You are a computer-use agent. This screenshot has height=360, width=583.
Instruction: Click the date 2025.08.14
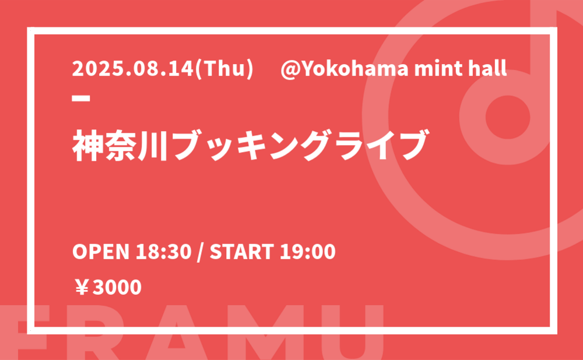pos(134,69)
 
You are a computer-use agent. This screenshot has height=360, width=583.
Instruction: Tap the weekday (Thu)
pos(224,69)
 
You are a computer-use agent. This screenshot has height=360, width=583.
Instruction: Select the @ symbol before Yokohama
pos(289,69)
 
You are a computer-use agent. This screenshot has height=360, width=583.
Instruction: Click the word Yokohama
pos(353,69)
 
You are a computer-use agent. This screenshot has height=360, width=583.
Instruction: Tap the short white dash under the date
pos(81,98)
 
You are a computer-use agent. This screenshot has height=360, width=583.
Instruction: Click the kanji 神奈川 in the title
pos(120,145)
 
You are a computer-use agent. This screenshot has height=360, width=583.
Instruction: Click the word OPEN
pos(100,252)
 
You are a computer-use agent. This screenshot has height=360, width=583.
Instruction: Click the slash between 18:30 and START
pos(201,252)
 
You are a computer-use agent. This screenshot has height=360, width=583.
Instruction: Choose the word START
pos(242,252)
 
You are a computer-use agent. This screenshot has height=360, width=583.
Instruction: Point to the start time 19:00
pos(307,252)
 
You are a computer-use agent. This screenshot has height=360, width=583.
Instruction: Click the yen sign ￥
pos(82,288)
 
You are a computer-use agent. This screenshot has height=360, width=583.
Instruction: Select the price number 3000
pos(117,288)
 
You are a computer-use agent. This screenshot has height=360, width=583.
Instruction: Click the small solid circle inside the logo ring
pos(508,117)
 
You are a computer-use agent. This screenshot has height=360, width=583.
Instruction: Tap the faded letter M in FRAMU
pos(271,333)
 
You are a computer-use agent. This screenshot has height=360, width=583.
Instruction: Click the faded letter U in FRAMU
pos(361,333)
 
